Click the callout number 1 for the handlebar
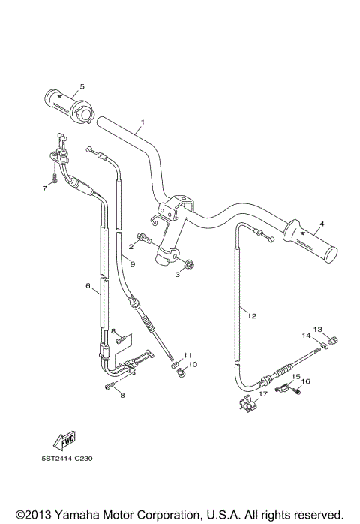(142, 122)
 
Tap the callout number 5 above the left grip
(82, 87)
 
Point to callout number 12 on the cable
(252, 316)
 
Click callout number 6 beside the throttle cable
(88, 286)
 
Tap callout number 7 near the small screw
(43, 188)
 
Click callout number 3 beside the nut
(178, 276)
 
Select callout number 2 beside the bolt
(130, 246)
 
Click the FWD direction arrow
(66, 444)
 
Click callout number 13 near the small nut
(317, 330)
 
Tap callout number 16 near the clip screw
(305, 382)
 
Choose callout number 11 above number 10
(188, 355)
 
